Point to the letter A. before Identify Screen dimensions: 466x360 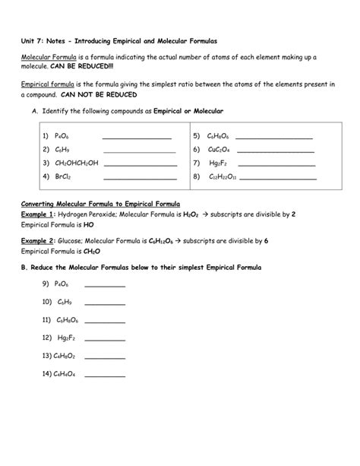(35, 112)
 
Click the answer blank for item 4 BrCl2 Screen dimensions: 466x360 (139, 178)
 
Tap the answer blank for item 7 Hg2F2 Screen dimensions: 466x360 (276, 165)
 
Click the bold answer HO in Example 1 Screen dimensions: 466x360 (89, 225)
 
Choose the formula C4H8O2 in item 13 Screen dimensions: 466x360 (65, 355)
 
